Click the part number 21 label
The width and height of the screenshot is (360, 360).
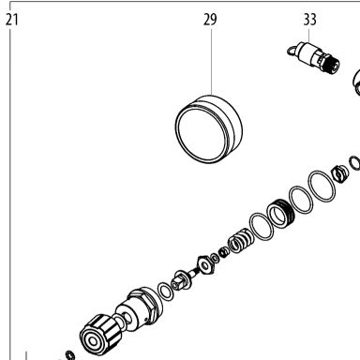[x=12, y=20]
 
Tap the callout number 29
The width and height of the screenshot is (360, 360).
[x=210, y=20]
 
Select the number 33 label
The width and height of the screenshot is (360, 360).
[x=309, y=20]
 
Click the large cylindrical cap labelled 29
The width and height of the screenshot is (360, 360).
[x=208, y=129]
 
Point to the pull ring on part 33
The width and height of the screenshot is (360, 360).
[x=292, y=51]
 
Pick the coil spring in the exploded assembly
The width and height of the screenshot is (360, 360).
[x=240, y=240]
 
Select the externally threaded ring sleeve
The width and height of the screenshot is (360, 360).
[x=281, y=214]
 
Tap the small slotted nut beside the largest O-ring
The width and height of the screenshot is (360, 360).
[x=339, y=173]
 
